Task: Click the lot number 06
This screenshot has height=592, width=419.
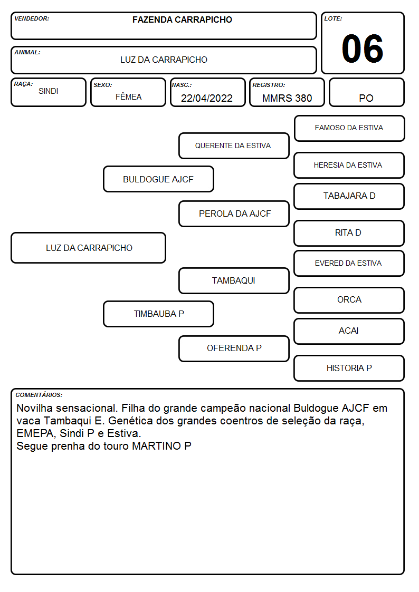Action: point(363,48)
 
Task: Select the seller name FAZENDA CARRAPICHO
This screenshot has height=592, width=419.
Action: point(182,20)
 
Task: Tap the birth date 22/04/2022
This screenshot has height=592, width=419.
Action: point(207,98)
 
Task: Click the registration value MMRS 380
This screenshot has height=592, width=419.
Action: point(287,98)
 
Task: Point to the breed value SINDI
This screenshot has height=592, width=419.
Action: point(49,91)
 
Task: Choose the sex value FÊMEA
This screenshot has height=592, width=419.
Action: point(128,96)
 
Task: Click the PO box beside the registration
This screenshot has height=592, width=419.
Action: point(366,92)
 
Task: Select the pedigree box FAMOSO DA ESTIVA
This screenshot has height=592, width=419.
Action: point(349,129)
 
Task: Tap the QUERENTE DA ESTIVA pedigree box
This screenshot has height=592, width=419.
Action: point(234,145)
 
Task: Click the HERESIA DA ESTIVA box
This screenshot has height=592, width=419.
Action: point(349,166)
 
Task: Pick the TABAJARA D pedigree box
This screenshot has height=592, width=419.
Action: point(349,196)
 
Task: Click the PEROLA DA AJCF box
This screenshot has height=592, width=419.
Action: point(234,213)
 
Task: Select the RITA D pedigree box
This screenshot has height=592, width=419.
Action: point(349,234)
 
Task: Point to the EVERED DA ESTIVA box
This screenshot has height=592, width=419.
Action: point(349,264)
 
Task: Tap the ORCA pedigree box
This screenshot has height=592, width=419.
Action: point(349,300)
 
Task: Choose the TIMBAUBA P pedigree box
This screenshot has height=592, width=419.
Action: point(159,314)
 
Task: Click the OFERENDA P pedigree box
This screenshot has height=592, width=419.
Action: point(234,348)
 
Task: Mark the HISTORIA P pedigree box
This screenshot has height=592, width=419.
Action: point(349,368)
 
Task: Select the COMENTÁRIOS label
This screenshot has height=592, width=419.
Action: point(39,395)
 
